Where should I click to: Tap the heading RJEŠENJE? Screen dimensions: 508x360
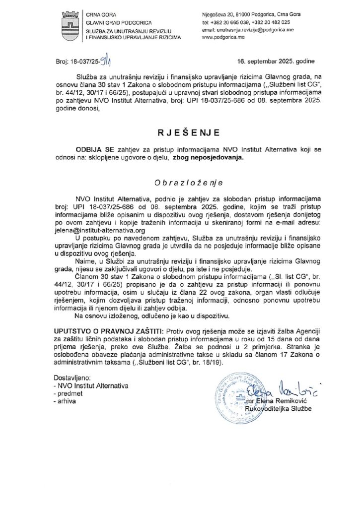tap(180, 132)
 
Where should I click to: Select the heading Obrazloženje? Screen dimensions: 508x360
tap(180, 183)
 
